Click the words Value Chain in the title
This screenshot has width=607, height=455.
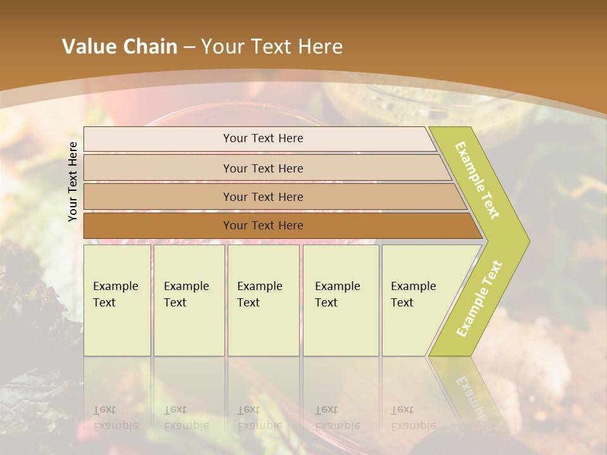pos(120,47)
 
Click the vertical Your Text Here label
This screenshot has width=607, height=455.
pos(73,181)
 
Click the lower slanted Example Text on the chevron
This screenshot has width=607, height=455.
pos(479,298)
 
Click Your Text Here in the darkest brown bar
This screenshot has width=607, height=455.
pos(263,226)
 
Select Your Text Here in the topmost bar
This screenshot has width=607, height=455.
pos(263,138)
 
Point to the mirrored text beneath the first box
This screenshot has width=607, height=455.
pos(115,418)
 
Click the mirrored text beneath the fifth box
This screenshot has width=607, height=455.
pos(413,418)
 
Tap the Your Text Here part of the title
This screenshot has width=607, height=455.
pos(272,47)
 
